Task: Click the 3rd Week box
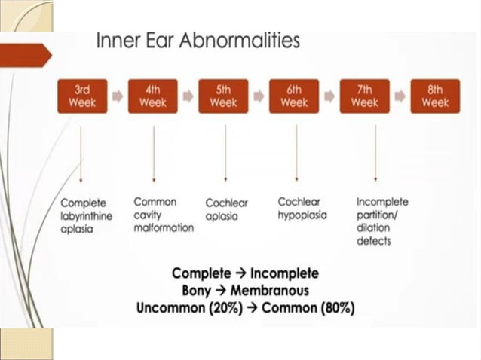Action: pos(82,96)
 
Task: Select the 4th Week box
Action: pos(153,96)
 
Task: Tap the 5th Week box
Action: pos(223,96)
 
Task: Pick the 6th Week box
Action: pos(294,96)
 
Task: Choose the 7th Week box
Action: pos(365,96)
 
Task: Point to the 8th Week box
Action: pos(435,96)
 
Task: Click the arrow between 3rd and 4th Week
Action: pos(118,96)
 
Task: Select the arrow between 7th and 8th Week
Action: pos(400,96)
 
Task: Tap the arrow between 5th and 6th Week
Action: pos(259,96)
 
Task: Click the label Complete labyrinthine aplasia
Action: pos(84,215)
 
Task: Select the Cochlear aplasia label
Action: pos(227,209)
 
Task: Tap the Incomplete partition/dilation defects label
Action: pos(382,221)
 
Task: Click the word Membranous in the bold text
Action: pos(273,290)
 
